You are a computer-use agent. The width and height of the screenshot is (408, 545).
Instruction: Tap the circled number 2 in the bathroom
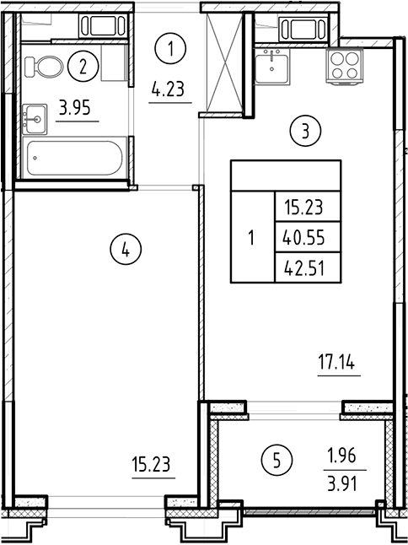pos(82,66)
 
